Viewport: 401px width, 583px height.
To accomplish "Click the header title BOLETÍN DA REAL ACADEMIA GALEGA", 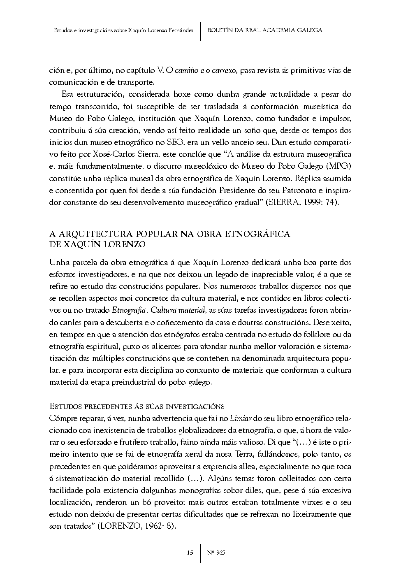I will point(264,30).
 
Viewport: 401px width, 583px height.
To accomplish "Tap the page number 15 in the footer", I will point(190,553).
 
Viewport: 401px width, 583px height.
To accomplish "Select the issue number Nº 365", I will point(216,553).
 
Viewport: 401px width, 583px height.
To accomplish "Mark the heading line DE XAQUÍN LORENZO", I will point(97,244).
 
